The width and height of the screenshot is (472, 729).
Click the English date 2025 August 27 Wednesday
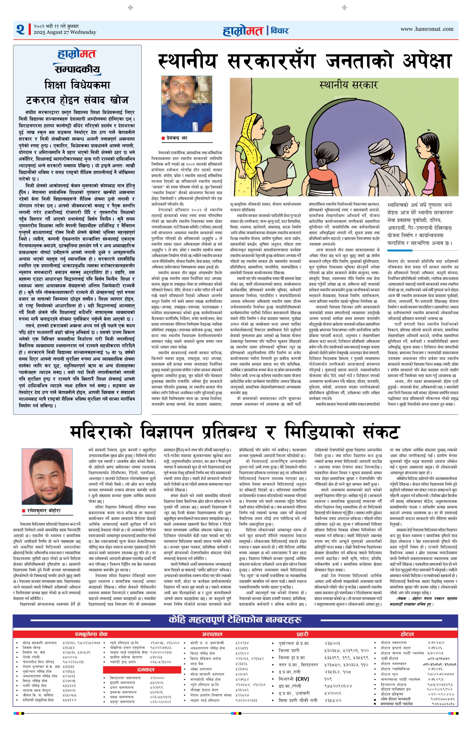click(65, 32)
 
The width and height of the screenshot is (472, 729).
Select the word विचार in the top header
click(279, 30)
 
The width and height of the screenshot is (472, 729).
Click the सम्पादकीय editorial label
click(77, 69)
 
